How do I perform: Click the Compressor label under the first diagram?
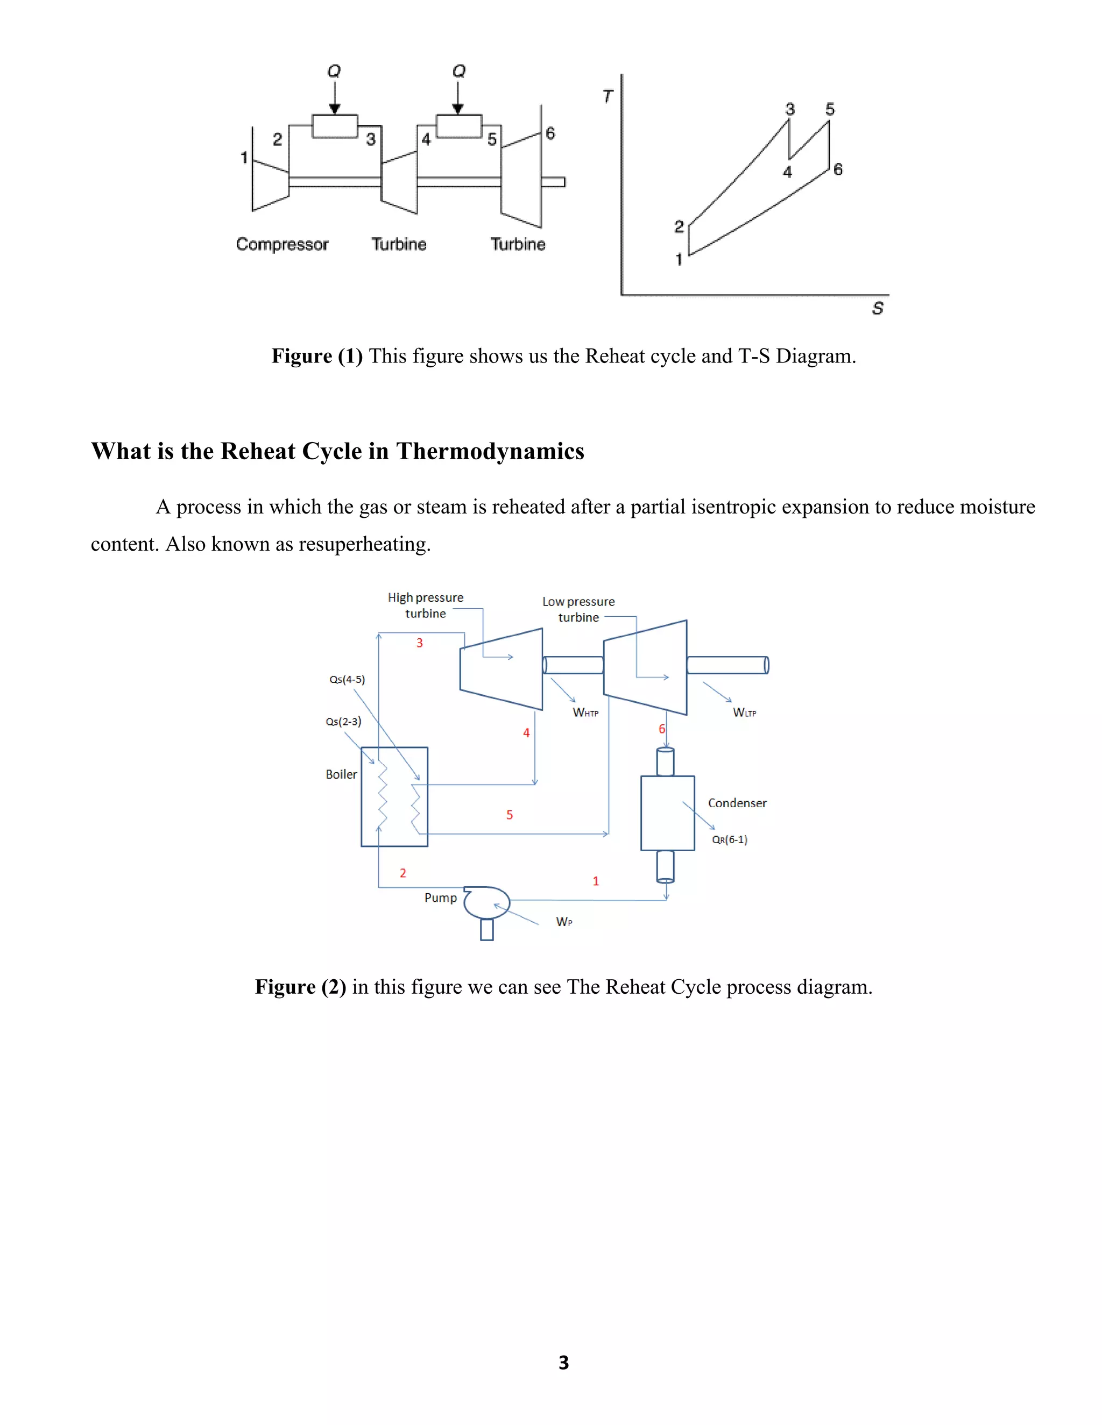[x=282, y=244]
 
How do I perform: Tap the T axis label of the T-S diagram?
[x=608, y=97]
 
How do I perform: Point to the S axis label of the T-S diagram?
[x=878, y=308]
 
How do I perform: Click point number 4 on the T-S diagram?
[x=787, y=172]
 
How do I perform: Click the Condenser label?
[x=737, y=803]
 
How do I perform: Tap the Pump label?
[x=440, y=898]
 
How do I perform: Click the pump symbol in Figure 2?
[x=486, y=904]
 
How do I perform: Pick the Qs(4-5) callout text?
[x=347, y=679]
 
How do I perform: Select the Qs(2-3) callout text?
[x=343, y=722]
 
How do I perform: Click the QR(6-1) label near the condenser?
[x=729, y=840]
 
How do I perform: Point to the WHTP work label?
[x=585, y=712]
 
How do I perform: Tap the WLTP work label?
[x=744, y=712]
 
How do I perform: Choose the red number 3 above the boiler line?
[x=420, y=643]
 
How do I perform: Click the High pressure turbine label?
[x=425, y=605]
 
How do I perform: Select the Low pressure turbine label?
[x=578, y=609]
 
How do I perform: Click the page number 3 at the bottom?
[x=563, y=1363]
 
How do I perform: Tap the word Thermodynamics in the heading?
[x=490, y=452]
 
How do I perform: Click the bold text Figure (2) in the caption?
[x=300, y=987]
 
